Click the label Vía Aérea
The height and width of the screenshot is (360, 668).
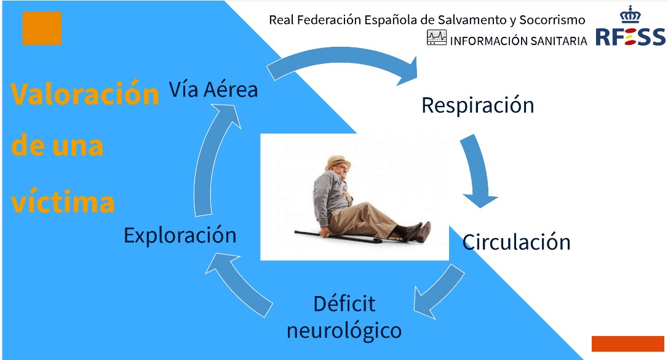coord(213,89)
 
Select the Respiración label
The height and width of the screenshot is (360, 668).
coord(477,105)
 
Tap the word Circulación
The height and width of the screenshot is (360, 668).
coord(516,242)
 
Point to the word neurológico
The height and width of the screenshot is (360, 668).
coord(344,330)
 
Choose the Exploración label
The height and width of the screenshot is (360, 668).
coord(180,235)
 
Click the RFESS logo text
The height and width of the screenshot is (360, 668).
coord(630,37)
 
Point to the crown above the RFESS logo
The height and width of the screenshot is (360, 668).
coord(630,15)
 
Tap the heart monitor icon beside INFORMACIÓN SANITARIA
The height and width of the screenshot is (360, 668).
coord(437,38)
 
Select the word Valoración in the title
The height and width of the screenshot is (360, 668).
coord(85,94)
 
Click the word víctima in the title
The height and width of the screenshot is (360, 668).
coord(63,201)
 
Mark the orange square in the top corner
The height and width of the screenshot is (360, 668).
coord(42,28)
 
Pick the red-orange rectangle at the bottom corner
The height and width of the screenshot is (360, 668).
coord(627,344)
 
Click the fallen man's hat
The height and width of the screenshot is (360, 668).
coord(338,162)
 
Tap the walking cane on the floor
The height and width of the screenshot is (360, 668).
coord(338,236)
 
